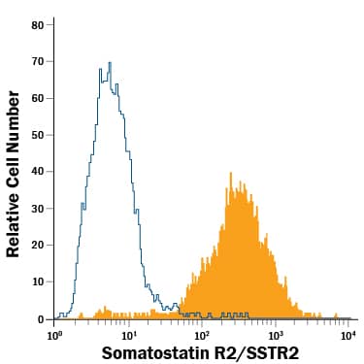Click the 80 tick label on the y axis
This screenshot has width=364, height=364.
tap(38, 24)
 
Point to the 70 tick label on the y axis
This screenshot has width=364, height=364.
tap(38, 61)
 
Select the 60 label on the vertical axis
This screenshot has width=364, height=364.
tap(38, 98)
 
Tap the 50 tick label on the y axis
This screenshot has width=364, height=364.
tap(38, 135)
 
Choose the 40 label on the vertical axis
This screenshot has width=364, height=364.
tap(38, 172)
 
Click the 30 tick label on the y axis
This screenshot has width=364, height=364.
tap(38, 208)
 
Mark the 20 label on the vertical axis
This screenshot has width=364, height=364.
tap(38, 245)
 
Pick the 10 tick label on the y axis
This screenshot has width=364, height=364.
tap(38, 281)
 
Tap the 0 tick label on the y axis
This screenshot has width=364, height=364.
tap(41, 318)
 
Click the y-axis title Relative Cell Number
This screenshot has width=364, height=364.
tap(14, 174)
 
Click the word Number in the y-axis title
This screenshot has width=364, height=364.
tap(14, 120)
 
